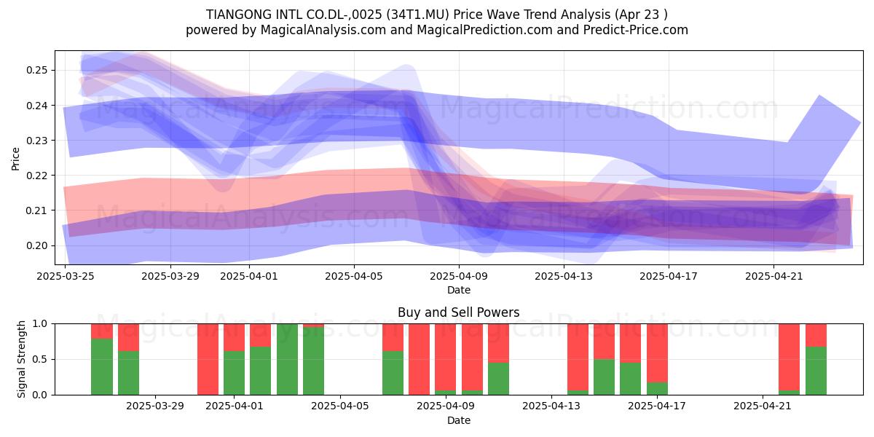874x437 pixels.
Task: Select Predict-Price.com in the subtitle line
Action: (636, 30)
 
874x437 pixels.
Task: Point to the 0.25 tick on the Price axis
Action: (36, 70)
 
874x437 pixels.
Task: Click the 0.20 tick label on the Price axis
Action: (36, 246)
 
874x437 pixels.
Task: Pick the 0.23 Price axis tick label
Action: (36, 141)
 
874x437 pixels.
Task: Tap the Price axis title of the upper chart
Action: (15, 159)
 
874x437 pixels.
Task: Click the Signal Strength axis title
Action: (21, 359)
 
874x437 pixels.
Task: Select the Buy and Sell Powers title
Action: (458, 312)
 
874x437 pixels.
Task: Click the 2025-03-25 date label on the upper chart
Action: (66, 276)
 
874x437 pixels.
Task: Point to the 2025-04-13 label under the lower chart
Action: (551, 406)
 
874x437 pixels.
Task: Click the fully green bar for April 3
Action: (287, 359)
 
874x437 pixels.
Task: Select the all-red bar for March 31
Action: (208, 359)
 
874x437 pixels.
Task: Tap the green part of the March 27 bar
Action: (128, 373)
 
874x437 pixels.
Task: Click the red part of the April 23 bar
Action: (816, 335)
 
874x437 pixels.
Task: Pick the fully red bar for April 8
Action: (419, 359)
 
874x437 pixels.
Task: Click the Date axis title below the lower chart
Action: (458, 421)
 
